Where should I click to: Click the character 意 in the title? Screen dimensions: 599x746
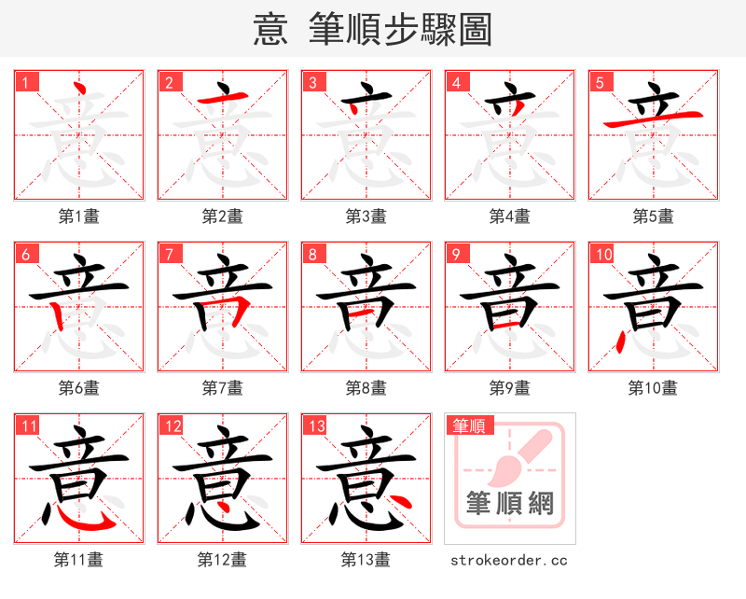click(x=270, y=30)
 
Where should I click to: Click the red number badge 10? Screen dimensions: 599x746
click(x=602, y=254)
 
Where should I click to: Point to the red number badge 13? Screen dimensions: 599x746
click(x=315, y=426)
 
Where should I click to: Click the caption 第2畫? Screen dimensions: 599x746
click(x=222, y=216)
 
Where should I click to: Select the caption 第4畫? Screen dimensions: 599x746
click(x=509, y=216)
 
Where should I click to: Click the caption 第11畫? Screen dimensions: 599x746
click(x=78, y=560)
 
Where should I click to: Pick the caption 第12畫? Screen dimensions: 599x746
click(x=222, y=560)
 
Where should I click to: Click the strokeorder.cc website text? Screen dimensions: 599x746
click(x=509, y=561)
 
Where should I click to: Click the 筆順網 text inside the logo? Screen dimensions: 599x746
click(x=509, y=505)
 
